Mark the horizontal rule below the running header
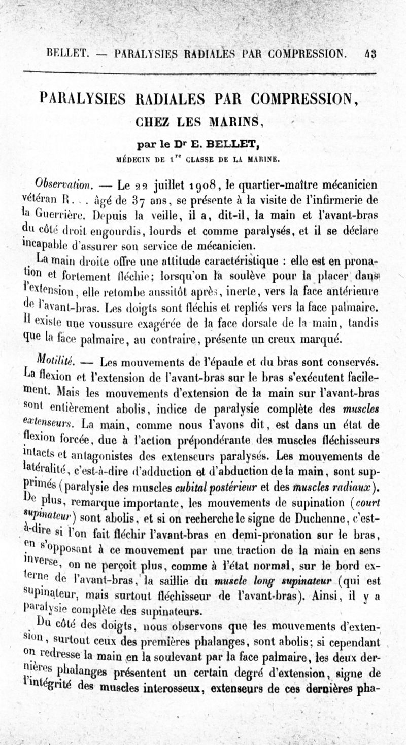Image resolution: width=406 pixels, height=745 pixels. pyautogui.click(x=203, y=73)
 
